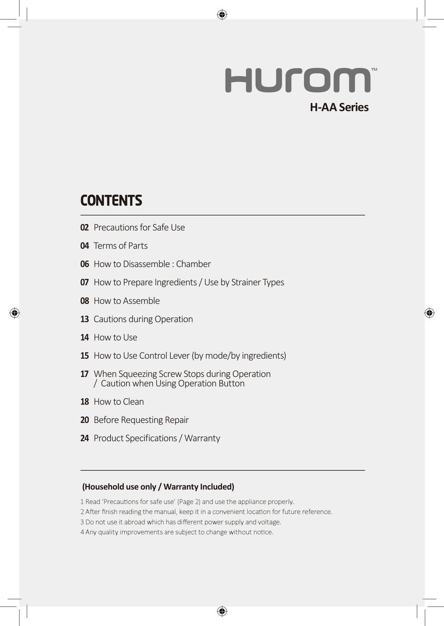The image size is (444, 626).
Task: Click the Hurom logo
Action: [x=298, y=80]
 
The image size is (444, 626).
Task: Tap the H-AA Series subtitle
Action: [x=339, y=107]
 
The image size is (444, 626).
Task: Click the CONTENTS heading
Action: [x=111, y=200]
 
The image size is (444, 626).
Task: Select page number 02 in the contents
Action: [x=85, y=228]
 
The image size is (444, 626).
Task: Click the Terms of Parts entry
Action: [x=121, y=246]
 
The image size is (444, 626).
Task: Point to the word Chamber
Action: [x=193, y=264]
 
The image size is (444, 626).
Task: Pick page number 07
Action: [x=85, y=282]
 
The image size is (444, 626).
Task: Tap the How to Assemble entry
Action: [x=127, y=301]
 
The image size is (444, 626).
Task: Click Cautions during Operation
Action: [x=143, y=319]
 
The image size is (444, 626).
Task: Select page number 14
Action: [x=85, y=337]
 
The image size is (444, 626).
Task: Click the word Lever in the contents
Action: [x=179, y=356]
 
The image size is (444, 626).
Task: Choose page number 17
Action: [x=85, y=374]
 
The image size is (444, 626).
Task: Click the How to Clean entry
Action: [x=119, y=402]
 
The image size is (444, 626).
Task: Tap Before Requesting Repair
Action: [x=141, y=420]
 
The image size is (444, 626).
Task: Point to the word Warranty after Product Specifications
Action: [x=202, y=438]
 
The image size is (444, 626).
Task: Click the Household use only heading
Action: [x=158, y=487]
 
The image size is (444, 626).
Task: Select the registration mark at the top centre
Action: [x=222, y=14]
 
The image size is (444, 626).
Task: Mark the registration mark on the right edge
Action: [x=429, y=313]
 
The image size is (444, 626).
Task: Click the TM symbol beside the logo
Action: [x=374, y=70]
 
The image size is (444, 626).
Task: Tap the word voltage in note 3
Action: [x=269, y=522]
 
